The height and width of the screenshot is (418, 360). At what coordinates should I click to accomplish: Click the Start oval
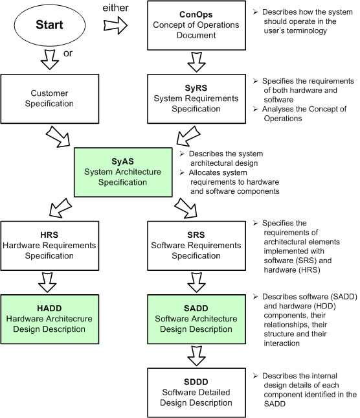point(49,25)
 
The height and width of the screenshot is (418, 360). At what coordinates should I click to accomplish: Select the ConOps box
point(196,25)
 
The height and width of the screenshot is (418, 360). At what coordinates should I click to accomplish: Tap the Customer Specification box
point(50,99)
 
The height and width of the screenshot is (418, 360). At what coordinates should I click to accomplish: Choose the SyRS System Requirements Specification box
point(196,99)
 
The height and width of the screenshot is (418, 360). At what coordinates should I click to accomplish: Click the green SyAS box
point(123,172)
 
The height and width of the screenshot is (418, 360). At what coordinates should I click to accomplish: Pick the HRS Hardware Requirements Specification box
point(50,246)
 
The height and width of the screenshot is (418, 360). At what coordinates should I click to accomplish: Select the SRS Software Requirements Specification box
point(196,246)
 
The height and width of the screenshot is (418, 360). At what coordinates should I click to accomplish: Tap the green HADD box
point(50,319)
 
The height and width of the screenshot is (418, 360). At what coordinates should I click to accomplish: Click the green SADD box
point(196,319)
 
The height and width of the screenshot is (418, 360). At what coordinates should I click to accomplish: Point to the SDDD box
point(196,393)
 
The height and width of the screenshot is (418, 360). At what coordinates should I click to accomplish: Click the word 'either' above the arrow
point(115,8)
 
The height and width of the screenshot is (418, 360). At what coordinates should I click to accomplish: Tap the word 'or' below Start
point(68,53)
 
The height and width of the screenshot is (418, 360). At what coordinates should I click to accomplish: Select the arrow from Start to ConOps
point(115,25)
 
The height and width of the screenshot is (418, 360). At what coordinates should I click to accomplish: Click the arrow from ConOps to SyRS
point(196,62)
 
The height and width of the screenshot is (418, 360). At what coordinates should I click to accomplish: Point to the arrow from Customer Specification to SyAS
point(58,137)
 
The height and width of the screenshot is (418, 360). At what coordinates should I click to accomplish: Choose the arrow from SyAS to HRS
point(60,207)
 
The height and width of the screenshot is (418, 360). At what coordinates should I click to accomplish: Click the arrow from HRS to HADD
point(47,283)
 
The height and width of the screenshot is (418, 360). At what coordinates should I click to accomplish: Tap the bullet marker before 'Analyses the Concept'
point(256,109)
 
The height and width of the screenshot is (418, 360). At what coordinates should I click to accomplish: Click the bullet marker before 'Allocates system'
point(182,172)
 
